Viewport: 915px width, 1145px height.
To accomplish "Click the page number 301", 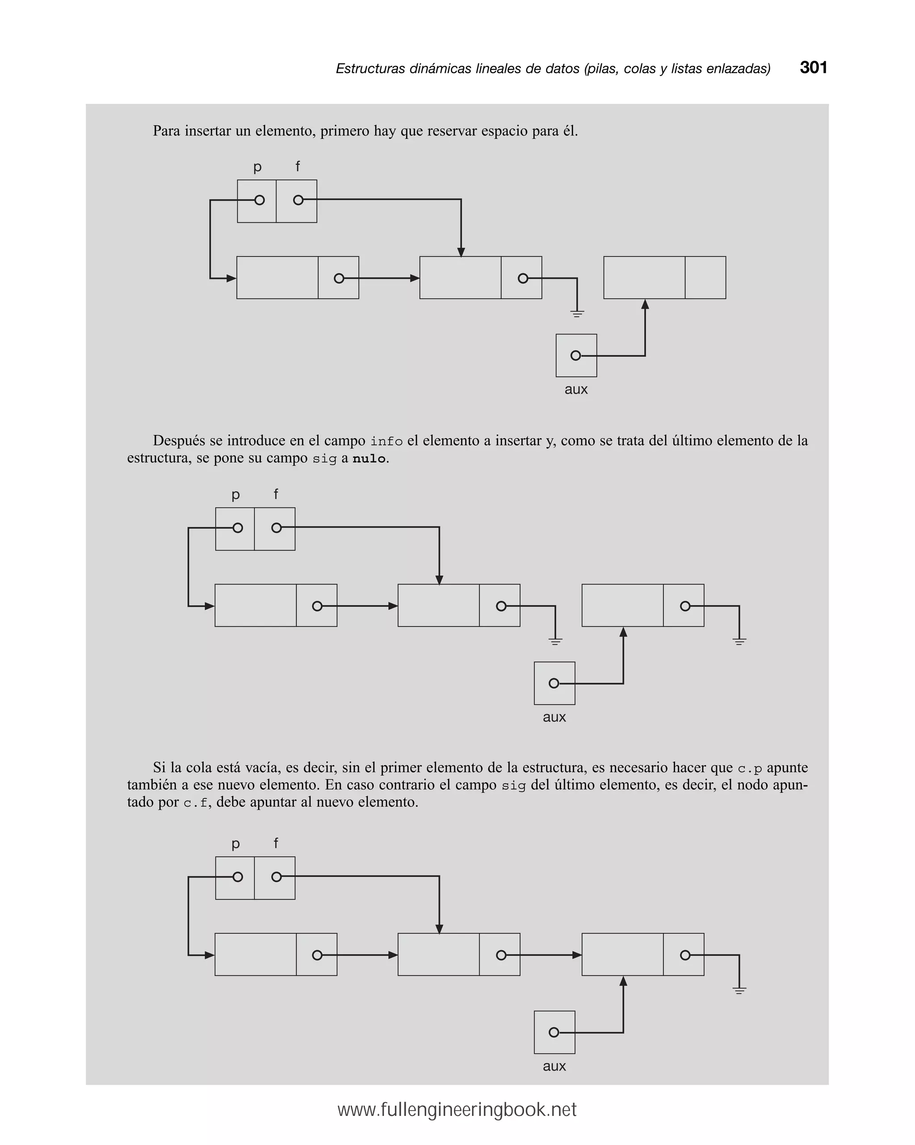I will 813,68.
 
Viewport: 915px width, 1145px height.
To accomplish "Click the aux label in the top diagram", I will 576,389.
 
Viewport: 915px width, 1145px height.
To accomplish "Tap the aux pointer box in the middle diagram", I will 554,683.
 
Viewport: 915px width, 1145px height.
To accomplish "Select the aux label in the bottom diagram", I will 554,1066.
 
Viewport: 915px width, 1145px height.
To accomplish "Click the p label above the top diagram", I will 257,167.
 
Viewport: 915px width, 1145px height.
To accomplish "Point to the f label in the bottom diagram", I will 276,843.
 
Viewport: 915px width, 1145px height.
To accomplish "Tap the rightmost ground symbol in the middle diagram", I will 739,641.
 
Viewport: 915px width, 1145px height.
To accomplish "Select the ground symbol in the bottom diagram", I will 739,990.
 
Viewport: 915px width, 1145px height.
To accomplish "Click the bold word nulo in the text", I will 369,459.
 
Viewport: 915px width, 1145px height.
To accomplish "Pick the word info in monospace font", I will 386,441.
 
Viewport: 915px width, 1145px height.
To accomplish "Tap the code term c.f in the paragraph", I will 195,803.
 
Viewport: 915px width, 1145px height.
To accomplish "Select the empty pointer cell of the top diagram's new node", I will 705,278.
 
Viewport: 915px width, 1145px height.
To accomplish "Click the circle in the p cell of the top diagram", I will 260,200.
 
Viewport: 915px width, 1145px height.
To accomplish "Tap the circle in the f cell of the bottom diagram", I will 277,877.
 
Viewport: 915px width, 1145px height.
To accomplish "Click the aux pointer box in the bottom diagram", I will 554,1032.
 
